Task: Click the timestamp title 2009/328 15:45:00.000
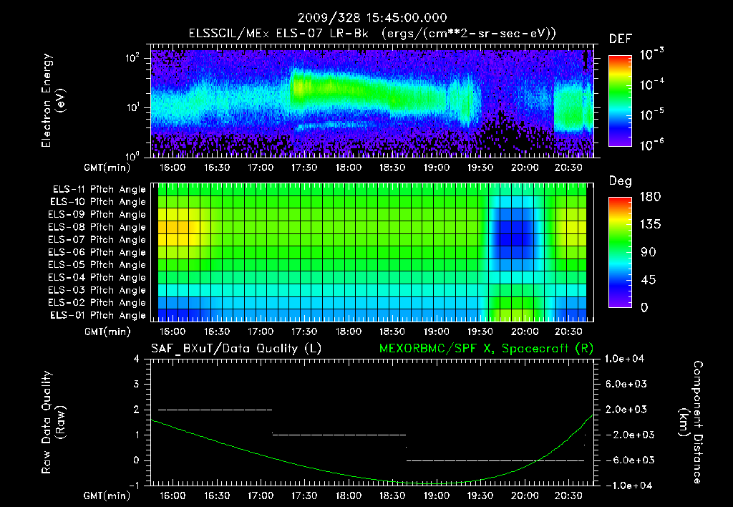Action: pyautogui.click(x=366, y=18)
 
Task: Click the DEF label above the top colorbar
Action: pyautogui.click(x=620, y=39)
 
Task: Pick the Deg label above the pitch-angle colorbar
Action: pyautogui.click(x=620, y=181)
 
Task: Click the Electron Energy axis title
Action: pyautogui.click(x=53, y=104)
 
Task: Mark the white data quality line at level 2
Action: pyautogui.click(x=215, y=410)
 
